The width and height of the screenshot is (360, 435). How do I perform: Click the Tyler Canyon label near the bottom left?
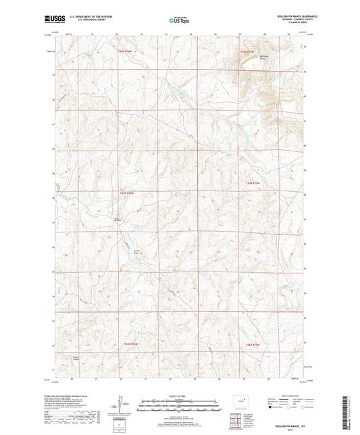(76, 358)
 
